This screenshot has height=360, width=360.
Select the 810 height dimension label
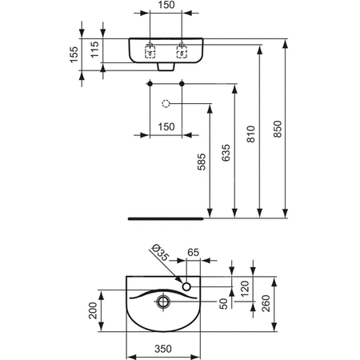251,136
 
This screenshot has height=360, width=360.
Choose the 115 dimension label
95,50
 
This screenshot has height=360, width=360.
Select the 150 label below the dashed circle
166,126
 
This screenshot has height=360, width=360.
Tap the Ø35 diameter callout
160,255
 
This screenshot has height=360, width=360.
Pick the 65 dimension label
193,252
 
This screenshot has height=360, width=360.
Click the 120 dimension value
245,287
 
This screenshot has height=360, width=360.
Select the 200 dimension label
93,309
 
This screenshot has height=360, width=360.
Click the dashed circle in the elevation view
166,103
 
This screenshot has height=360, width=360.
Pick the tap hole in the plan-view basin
186,286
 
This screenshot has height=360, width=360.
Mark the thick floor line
166,216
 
